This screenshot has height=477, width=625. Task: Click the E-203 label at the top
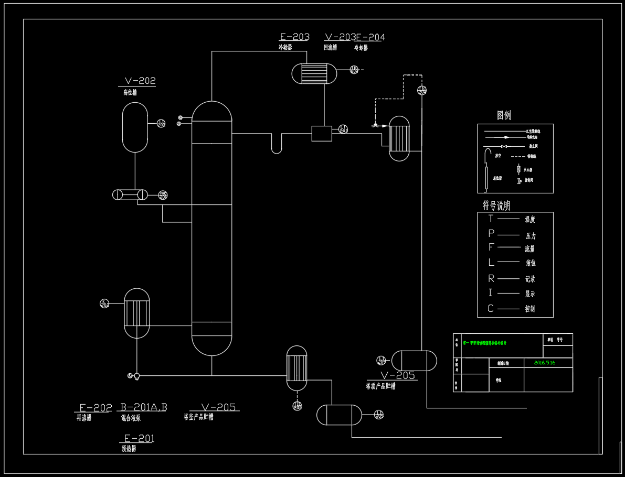click(294, 37)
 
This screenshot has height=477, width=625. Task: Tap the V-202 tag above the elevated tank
click(140, 81)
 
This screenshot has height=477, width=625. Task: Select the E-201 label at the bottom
click(139, 438)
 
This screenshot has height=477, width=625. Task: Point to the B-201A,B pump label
click(144, 407)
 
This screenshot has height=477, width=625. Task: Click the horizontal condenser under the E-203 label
click(314, 73)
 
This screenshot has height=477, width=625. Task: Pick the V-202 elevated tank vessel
click(135, 127)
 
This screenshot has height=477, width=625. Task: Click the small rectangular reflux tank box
click(322, 133)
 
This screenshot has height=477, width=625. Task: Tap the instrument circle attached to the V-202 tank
click(161, 124)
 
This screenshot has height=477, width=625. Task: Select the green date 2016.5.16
click(544, 362)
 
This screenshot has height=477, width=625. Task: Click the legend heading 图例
click(504, 115)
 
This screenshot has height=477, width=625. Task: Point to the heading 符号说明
click(496, 204)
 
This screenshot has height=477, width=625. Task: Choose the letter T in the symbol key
click(491, 219)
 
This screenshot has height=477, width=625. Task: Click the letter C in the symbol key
click(491, 308)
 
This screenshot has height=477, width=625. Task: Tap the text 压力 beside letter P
click(531, 236)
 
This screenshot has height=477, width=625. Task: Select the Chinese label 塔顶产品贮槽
click(380, 386)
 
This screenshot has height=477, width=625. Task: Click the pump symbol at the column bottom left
click(136, 375)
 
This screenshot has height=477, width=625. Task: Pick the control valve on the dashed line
click(375, 125)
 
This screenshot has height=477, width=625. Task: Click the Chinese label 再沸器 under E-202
click(84, 418)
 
